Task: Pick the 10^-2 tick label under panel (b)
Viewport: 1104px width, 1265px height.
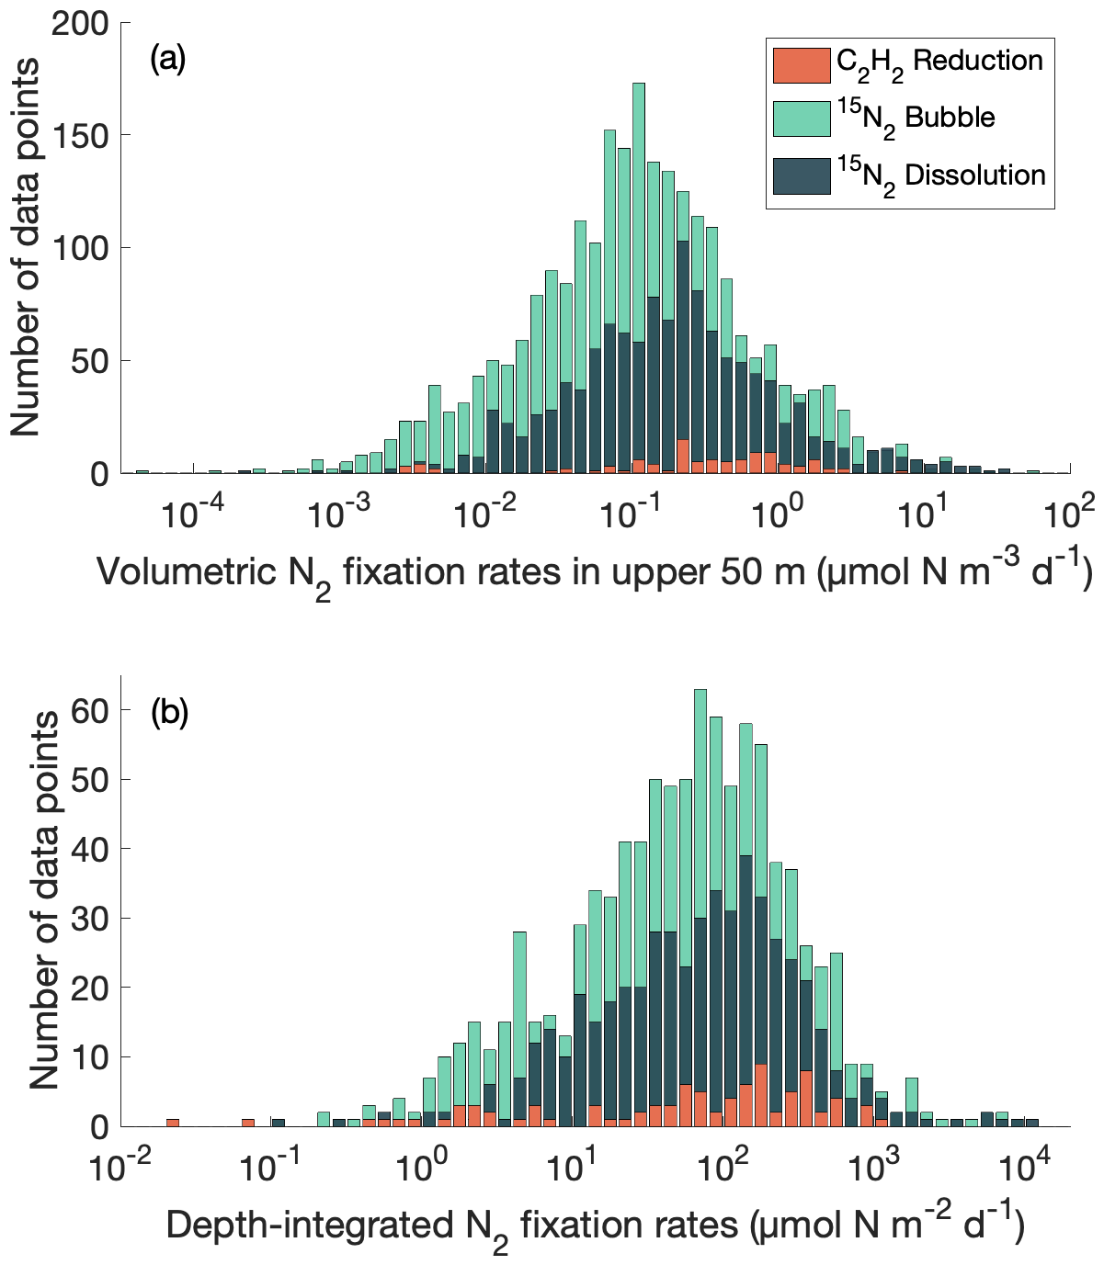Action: pos(116,1166)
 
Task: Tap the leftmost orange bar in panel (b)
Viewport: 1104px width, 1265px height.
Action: pos(173,1123)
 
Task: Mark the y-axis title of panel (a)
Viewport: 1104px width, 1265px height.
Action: pos(28,248)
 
